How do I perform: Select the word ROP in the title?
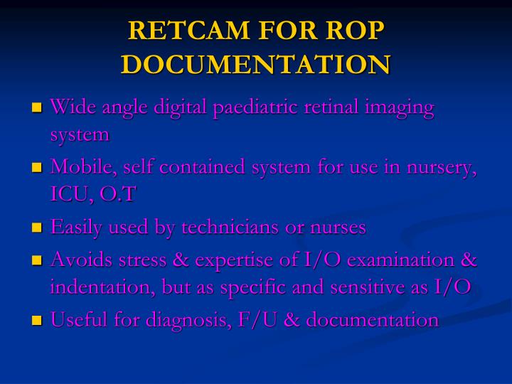pyautogui.click(x=356, y=31)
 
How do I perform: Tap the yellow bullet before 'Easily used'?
pyautogui.click(x=38, y=228)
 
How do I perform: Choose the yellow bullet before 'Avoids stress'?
pyautogui.click(x=38, y=260)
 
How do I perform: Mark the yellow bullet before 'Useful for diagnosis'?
pyautogui.click(x=38, y=321)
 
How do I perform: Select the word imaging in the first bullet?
pyautogui.click(x=398, y=107)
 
